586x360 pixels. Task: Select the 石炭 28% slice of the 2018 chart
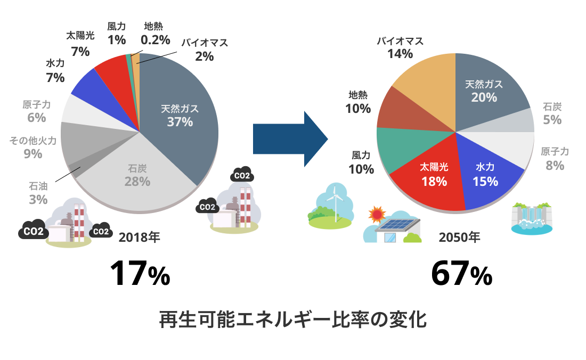[x=137, y=178]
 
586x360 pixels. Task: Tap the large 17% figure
[x=140, y=274]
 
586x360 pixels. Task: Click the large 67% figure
[x=461, y=274]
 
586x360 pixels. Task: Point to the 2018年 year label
[x=139, y=237]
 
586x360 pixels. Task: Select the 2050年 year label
[x=459, y=237]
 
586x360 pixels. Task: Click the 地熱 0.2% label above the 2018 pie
[x=156, y=33]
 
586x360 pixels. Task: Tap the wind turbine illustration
[x=335, y=202]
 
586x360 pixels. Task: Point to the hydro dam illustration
[x=532, y=218]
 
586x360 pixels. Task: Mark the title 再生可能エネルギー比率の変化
[x=293, y=320]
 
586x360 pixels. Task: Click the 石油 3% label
[x=38, y=193]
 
